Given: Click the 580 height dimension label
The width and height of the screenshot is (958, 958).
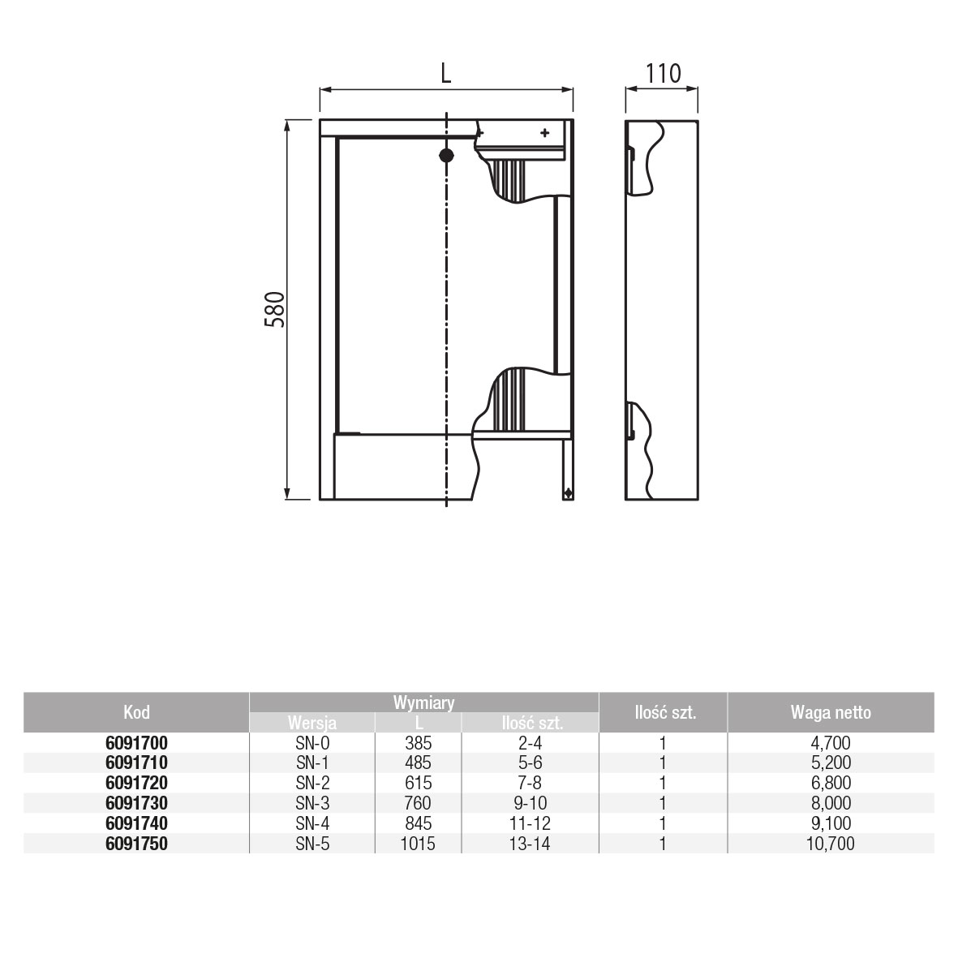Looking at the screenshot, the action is pyautogui.click(x=275, y=309).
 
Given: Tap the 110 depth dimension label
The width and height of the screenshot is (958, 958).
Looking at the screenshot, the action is pyautogui.click(x=663, y=73).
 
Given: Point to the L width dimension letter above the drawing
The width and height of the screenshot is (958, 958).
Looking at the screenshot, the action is pyautogui.click(x=446, y=73).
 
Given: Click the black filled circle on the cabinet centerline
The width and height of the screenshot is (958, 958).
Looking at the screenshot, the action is pyautogui.click(x=447, y=155).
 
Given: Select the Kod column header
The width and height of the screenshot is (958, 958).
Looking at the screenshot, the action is pyautogui.click(x=136, y=711).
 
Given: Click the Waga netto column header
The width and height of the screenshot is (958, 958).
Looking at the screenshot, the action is pyautogui.click(x=831, y=711).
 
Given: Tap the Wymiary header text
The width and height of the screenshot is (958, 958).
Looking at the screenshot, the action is pyautogui.click(x=424, y=702).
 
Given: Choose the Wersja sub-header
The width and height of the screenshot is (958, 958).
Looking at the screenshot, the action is pyautogui.click(x=312, y=723).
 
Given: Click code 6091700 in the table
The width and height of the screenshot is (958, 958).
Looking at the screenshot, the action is pyautogui.click(x=136, y=743).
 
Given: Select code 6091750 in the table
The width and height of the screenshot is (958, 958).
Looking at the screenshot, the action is pyautogui.click(x=136, y=844).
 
